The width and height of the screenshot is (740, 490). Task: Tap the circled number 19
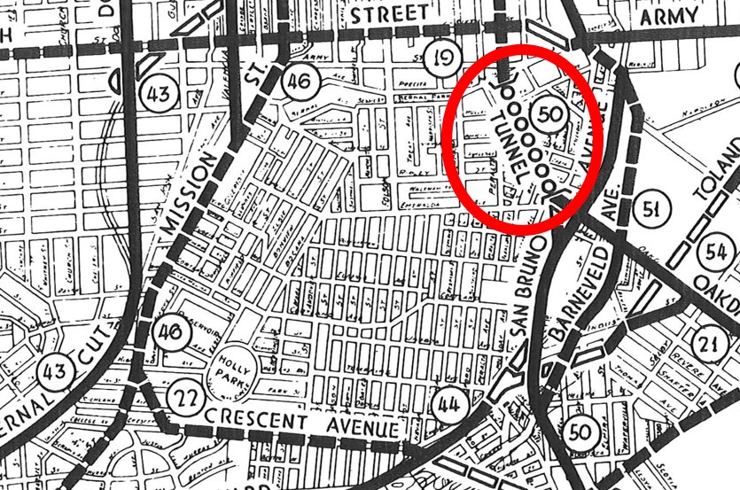[442, 59]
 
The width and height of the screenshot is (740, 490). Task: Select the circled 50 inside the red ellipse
[549, 113]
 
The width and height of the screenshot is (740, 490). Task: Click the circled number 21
[706, 345]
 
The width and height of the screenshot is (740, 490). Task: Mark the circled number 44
[448, 406]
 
